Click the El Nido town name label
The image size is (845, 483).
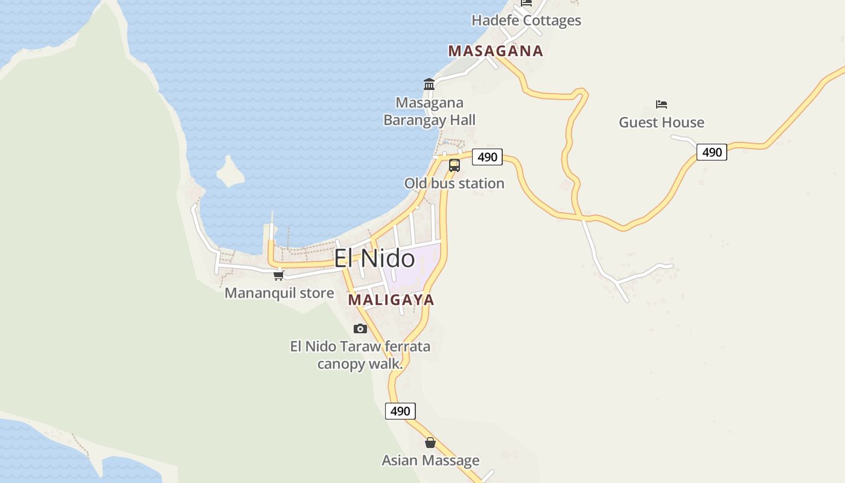374,259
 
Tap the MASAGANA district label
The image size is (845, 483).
496,51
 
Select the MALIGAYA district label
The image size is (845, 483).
391,300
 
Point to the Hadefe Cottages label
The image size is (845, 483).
526,21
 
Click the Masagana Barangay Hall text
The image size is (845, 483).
429,112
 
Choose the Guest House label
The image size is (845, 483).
661,123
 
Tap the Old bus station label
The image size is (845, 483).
454,184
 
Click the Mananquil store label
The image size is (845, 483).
279,293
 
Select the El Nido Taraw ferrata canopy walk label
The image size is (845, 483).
360,355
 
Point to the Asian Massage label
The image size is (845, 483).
430,461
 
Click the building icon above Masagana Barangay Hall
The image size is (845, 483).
429,84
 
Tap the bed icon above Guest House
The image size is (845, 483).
662,104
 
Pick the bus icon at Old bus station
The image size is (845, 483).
454,165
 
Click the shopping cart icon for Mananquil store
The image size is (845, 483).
278,275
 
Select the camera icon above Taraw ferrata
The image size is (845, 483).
360,328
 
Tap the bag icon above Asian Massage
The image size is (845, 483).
430,443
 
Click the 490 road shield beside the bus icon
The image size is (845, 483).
487,157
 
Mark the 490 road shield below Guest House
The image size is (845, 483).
712,152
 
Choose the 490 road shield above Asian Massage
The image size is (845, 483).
400,411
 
